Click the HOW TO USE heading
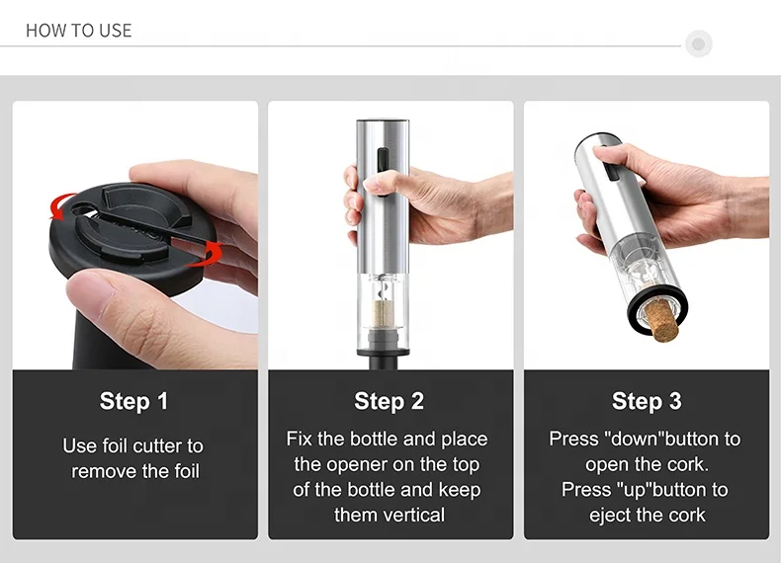click(x=79, y=31)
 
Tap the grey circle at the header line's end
click(x=698, y=43)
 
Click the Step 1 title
click(x=134, y=401)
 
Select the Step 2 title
click(x=389, y=401)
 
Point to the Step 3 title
click(x=647, y=401)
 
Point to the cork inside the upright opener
click(x=384, y=315)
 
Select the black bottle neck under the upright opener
click(x=389, y=362)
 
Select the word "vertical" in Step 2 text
click(x=390, y=516)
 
